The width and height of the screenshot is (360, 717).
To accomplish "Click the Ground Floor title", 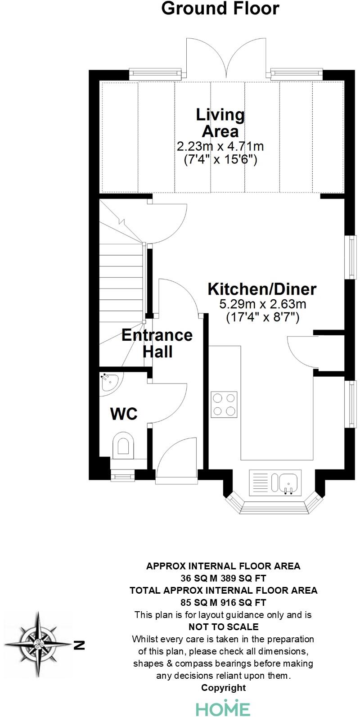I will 220,8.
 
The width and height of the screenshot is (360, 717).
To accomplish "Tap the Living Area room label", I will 220,123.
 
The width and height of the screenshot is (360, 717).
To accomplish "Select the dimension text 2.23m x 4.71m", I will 220,146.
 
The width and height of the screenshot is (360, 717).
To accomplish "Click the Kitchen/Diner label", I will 262,289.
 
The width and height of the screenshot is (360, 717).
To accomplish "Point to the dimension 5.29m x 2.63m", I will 262,304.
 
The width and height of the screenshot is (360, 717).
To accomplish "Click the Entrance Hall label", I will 157,343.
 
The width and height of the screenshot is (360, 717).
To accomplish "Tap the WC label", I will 124,413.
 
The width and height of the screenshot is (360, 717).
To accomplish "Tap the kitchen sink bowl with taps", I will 288,483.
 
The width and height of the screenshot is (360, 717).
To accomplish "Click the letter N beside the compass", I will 79,645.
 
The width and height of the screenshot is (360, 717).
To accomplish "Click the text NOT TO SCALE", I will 223,627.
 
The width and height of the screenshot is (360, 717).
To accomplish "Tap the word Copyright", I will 223,687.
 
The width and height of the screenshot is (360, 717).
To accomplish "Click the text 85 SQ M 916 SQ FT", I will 223,602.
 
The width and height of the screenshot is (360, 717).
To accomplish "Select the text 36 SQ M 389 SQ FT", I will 223,577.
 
